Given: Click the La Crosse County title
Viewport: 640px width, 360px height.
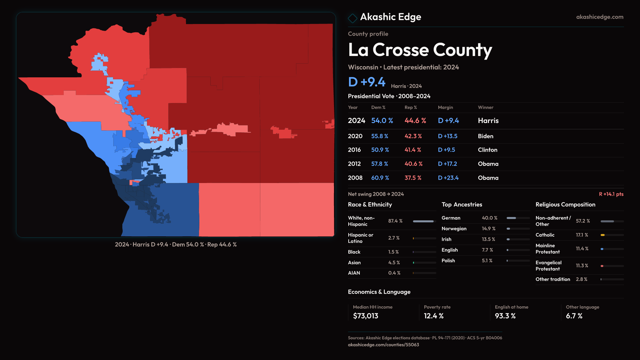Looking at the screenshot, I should click(x=420, y=50).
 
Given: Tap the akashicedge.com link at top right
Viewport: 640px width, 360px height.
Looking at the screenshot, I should click(x=599, y=17).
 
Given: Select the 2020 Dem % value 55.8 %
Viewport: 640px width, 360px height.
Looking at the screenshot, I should click(x=380, y=136).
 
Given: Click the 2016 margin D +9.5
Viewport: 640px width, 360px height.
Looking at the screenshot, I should click(x=446, y=150).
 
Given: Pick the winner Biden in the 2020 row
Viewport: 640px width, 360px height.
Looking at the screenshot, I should click(x=485, y=136).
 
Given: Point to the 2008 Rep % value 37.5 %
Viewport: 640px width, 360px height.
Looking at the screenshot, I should click(x=413, y=178).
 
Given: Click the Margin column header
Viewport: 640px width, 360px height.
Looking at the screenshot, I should click(x=445, y=107).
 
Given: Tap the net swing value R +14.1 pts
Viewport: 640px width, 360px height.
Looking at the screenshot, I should click(x=611, y=194).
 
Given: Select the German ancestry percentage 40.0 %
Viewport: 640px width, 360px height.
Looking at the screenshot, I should click(x=489, y=218).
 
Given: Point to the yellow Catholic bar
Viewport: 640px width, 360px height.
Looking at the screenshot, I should click(x=603, y=235).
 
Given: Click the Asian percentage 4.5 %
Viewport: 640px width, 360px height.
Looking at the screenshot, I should click(x=394, y=263).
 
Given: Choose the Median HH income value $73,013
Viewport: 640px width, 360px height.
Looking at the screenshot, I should click(x=365, y=316).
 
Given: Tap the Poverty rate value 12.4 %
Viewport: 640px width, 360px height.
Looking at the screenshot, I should click(x=433, y=316).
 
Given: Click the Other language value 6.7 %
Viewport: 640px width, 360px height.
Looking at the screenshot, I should click(x=574, y=316).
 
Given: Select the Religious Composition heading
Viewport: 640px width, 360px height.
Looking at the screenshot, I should click(x=565, y=205).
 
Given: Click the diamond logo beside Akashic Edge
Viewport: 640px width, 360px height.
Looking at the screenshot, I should click(x=352, y=18).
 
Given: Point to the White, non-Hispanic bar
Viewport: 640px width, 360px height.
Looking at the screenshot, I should click(x=423, y=221).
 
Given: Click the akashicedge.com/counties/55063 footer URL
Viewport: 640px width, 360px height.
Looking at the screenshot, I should click(x=383, y=345).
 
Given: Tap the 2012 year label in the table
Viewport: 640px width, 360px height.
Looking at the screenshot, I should click(x=354, y=164).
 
